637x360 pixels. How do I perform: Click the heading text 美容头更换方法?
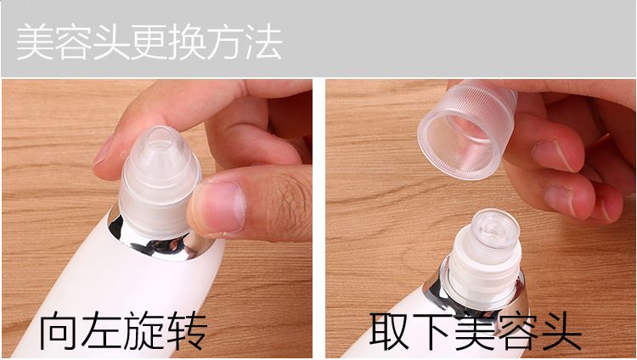click(149, 42)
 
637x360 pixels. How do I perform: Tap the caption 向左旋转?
click(123, 331)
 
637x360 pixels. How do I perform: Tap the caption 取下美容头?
click(476, 331)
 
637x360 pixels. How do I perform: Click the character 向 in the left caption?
click(59, 331)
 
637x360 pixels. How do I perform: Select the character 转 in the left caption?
click(187, 331)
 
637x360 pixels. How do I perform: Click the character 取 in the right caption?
click(389, 331)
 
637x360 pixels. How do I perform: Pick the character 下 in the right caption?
click(431, 331)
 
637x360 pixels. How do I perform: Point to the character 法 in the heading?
click(264, 42)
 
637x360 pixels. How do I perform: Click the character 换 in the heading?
click(187, 42)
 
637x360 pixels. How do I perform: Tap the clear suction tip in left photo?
click(160, 183)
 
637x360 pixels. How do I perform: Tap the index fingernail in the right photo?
click(557, 155)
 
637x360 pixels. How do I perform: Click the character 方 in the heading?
click(225, 42)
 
